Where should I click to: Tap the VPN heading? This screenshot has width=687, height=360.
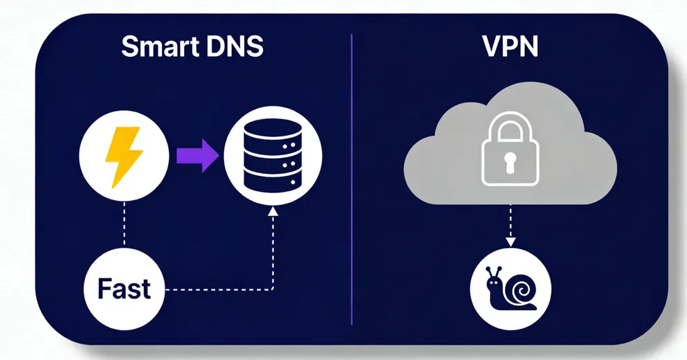(511, 46)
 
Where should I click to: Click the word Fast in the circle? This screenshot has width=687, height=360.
(125, 288)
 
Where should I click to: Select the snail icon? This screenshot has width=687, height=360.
(511, 288)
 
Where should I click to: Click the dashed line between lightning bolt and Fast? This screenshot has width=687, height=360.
(124, 225)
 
